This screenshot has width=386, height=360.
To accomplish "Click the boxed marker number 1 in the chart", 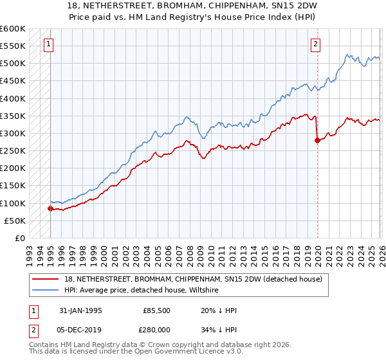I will pyautogui.click(x=50, y=44).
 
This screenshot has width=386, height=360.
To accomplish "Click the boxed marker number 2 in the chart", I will pyautogui.click(x=316, y=44).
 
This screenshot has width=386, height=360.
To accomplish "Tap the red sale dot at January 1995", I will pyautogui.click(x=50, y=208).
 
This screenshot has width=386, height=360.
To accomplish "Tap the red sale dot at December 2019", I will pyautogui.click(x=317, y=141).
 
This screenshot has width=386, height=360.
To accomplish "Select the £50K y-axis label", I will pyautogui.click(x=15, y=221).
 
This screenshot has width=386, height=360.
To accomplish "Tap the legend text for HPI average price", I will pyautogui.click(x=142, y=290).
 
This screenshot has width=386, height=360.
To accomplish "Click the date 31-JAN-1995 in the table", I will pyautogui.click(x=80, y=310).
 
